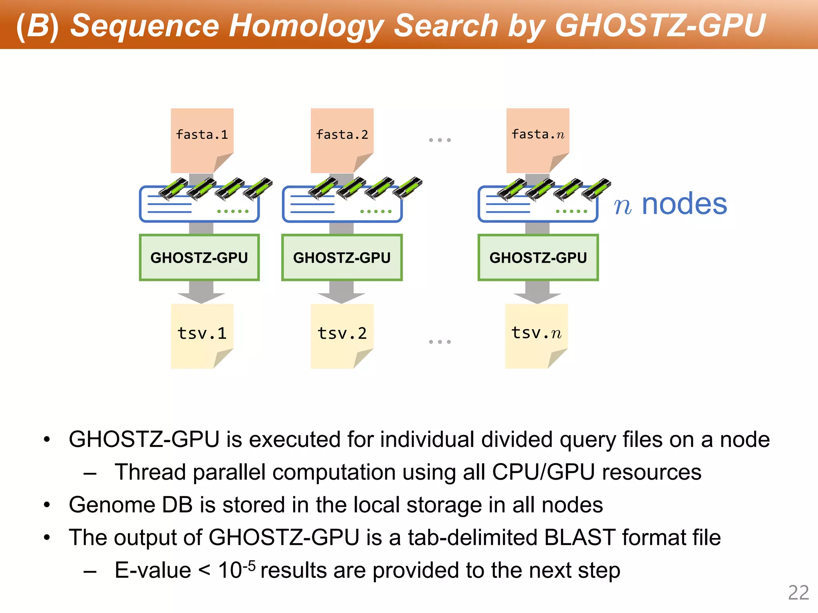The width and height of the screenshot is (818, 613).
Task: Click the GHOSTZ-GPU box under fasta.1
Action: click(199, 258)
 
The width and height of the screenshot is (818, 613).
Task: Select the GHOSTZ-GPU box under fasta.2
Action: click(342, 258)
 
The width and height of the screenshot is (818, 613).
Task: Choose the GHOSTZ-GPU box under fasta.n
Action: click(538, 258)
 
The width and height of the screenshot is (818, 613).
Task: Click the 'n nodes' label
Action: click(670, 204)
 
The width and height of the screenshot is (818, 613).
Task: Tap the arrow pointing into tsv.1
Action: click(201, 293)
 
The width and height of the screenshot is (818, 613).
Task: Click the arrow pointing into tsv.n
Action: click(537, 293)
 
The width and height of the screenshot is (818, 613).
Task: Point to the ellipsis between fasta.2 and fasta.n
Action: click(440, 140)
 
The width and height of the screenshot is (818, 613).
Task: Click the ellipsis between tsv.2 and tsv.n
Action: click(440, 342)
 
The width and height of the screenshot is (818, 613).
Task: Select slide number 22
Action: click(798, 593)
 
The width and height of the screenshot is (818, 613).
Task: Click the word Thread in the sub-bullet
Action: click(150, 472)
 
